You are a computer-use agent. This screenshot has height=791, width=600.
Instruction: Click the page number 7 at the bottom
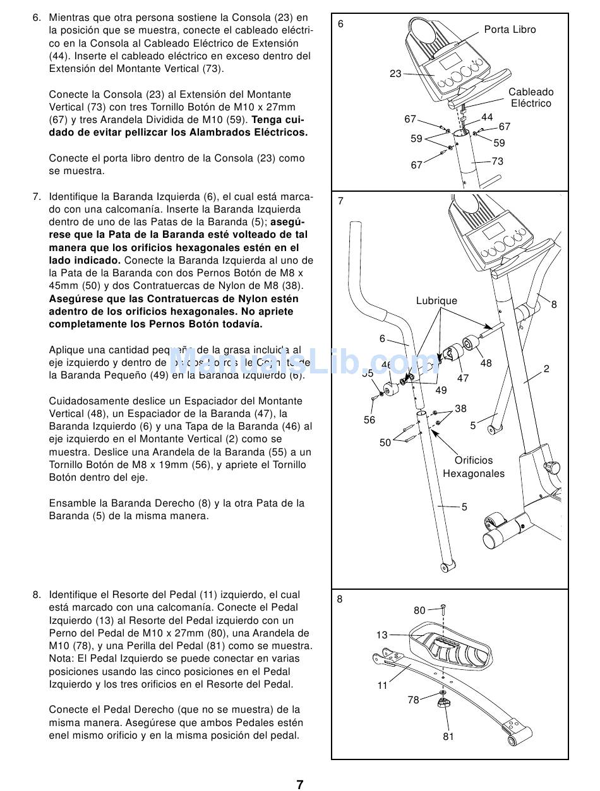[x=300, y=785]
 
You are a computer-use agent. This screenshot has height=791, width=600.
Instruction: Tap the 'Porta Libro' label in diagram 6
[x=510, y=30]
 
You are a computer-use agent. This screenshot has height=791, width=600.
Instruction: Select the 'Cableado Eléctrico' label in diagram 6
[x=531, y=98]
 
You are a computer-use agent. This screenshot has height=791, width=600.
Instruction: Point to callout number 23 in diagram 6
[x=395, y=74]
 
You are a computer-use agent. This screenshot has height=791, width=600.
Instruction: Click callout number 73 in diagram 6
[x=498, y=161]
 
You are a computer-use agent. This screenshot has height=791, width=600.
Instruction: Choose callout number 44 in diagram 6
[x=487, y=117]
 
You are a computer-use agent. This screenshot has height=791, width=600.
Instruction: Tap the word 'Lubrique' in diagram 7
[x=436, y=301]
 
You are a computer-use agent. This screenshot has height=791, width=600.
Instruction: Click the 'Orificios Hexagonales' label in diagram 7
[x=474, y=467]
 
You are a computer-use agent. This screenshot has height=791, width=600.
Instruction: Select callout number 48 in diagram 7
[x=486, y=363]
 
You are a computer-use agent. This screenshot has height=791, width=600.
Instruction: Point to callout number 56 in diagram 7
[x=369, y=419]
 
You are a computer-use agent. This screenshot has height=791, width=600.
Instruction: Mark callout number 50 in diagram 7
[x=385, y=443]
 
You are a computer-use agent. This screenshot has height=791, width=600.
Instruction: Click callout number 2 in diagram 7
[x=546, y=368]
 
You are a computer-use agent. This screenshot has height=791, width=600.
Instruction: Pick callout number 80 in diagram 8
[x=420, y=611]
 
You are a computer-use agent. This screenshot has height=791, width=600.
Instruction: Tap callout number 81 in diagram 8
[x=448, y=736]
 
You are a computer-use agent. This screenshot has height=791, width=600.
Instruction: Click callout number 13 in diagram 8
[x=382, y=635]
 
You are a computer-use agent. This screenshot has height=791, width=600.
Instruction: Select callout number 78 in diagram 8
[x=414, y=700]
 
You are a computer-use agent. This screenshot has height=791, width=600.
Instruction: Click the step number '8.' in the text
[x=37, y=595]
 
